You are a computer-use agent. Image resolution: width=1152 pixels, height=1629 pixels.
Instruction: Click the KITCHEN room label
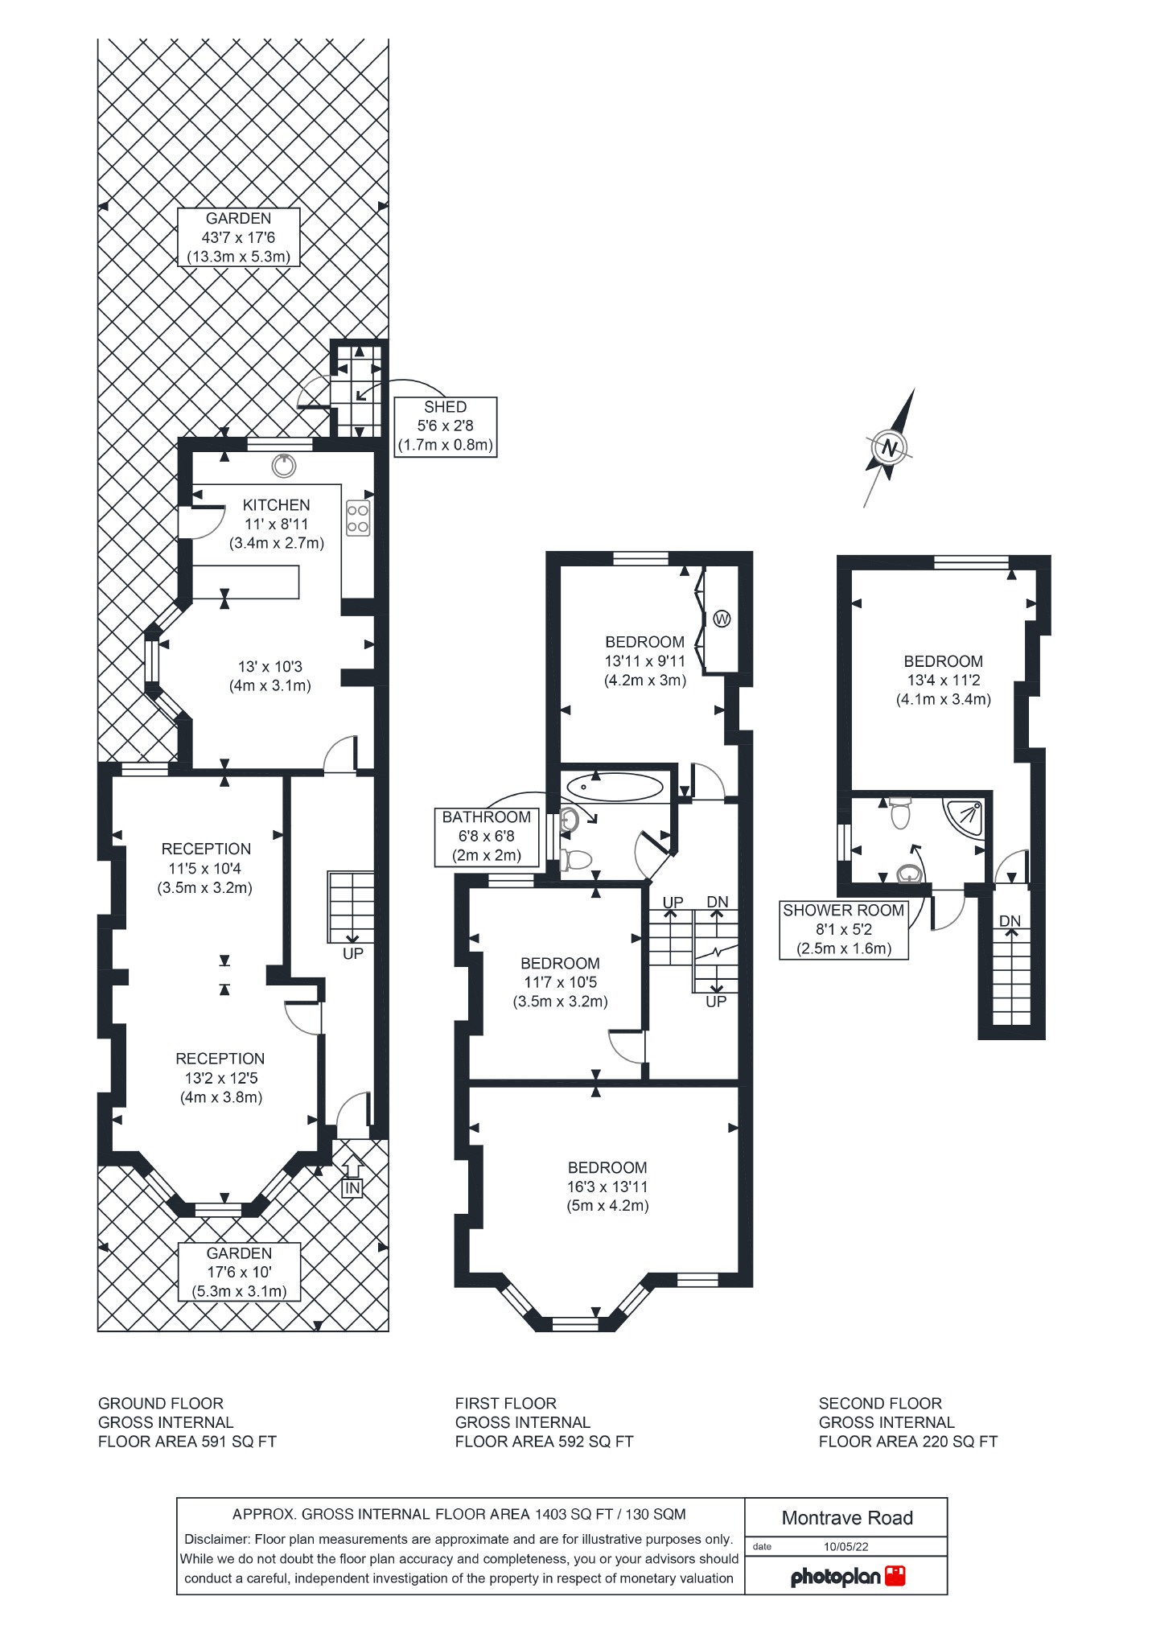276,505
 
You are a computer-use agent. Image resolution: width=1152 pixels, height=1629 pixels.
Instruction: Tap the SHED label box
445,426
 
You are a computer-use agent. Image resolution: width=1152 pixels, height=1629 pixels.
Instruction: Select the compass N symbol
889,447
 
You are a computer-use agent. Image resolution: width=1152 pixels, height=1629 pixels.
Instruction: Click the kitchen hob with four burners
358,518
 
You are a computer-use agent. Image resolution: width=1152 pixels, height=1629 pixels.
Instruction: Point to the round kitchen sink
283,465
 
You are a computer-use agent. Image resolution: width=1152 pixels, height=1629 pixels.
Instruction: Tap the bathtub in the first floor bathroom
615,786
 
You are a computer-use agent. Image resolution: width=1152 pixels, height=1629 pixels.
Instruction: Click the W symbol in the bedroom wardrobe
722,619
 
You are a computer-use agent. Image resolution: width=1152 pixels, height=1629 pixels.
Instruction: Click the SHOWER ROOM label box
843,929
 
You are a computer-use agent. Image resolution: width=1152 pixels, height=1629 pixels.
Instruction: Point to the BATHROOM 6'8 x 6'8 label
486,836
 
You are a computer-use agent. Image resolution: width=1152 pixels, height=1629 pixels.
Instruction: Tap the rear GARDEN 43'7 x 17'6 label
238,237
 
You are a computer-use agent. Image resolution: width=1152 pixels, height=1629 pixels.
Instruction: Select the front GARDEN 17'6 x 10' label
239,1272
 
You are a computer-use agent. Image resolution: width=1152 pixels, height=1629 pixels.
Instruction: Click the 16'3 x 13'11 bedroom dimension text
607,1187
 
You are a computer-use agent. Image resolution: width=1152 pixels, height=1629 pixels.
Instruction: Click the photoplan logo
847,1576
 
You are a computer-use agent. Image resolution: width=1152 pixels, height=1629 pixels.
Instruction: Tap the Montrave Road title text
846,1518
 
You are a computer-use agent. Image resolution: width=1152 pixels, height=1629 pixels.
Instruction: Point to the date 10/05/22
845,1546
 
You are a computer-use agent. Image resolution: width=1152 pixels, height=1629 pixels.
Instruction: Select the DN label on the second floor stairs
1010,921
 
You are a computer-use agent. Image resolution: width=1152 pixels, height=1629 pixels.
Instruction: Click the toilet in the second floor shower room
900,814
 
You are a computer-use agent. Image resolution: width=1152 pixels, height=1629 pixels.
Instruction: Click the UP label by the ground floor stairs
353,953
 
